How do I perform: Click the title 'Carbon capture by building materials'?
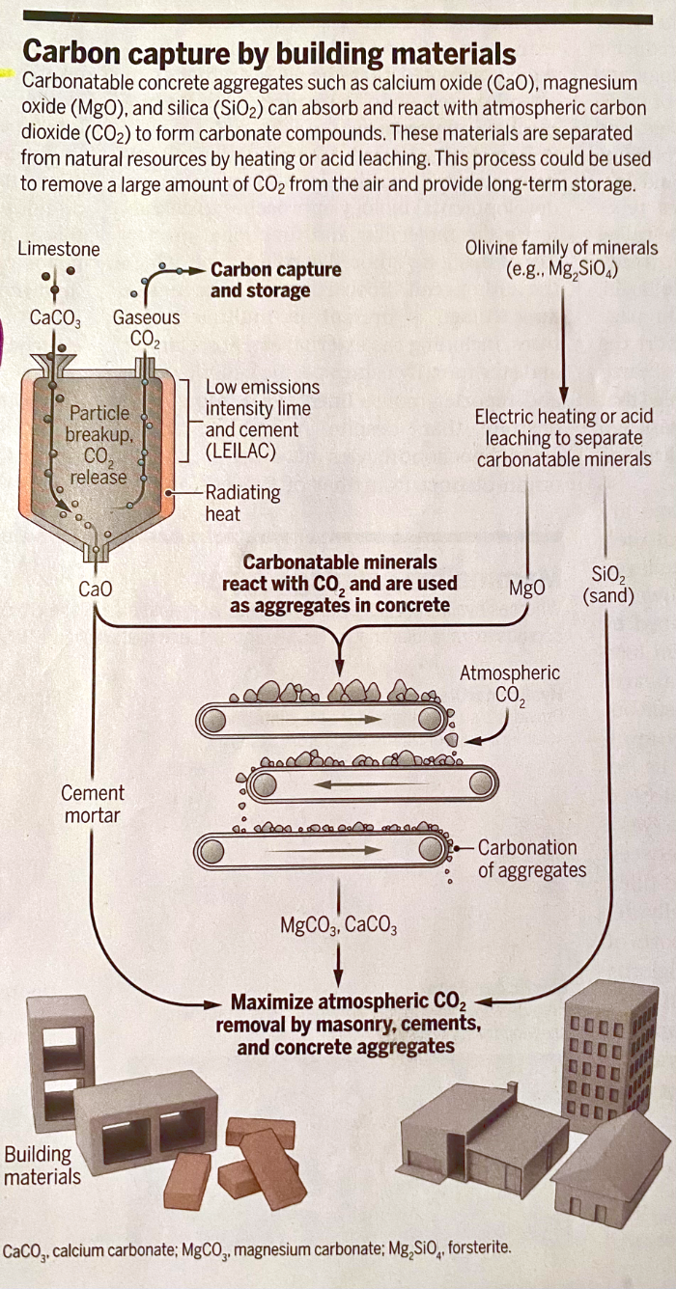[268, 51]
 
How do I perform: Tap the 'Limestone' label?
[58, 249]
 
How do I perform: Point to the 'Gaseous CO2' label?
[146, 327]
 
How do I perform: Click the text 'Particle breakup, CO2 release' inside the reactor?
[97, 444]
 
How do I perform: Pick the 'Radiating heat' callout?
[242, 502]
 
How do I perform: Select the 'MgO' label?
[526, 588]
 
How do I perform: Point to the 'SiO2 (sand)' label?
[608, 586]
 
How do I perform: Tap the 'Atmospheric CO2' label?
[509, 683]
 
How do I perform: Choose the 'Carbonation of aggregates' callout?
[531, 859]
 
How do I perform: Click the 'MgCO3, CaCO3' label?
[338, 926]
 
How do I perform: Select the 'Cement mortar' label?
[93, 804]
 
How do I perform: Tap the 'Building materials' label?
[42, 1165]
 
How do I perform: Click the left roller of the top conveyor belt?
[214, 719]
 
